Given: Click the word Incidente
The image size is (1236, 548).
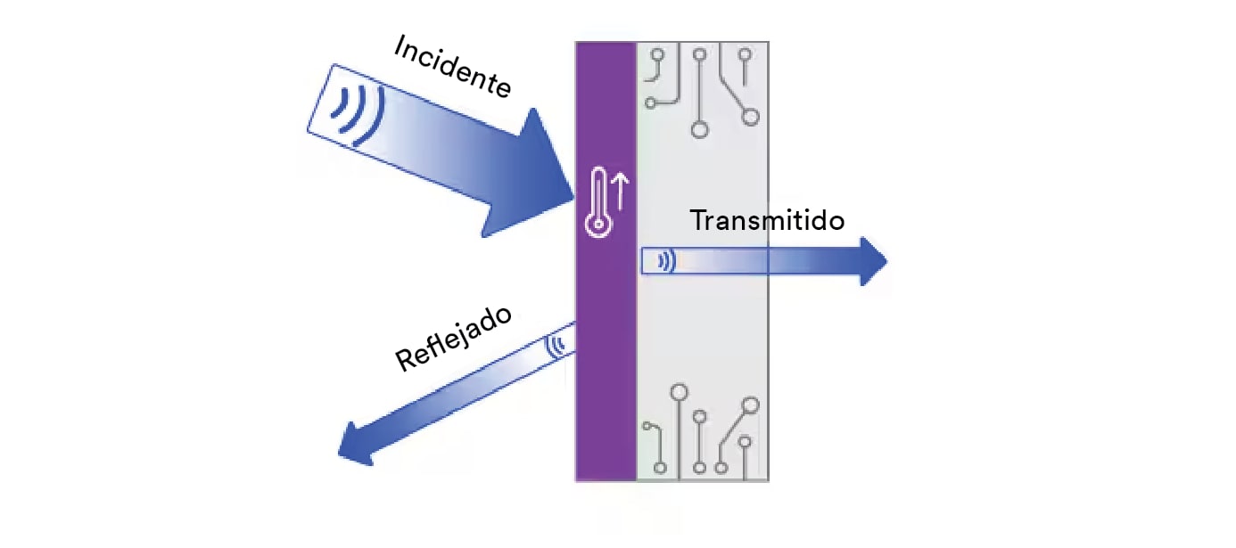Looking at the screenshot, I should click(452, 67).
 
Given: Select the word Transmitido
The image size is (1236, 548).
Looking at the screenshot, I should click(767, 219).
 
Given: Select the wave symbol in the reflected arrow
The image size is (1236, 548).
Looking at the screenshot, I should click(557, 345).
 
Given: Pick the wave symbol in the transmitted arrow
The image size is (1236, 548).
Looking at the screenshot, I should click(665, 261).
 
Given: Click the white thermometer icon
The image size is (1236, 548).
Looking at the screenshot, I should click(597, 205).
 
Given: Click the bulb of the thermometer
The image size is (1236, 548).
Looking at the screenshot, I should click(597, 224).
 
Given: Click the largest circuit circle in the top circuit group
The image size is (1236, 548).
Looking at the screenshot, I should click(700, 130).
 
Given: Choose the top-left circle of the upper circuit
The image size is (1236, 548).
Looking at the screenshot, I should click(658, 54).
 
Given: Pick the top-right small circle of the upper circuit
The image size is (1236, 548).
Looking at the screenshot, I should click(745, 54).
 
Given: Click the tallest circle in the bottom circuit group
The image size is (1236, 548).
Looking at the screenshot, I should click(680, 391).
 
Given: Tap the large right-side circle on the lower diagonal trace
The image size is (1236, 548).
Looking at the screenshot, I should click(751, 405).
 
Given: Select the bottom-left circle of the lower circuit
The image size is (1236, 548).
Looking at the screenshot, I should click(660, 467).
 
